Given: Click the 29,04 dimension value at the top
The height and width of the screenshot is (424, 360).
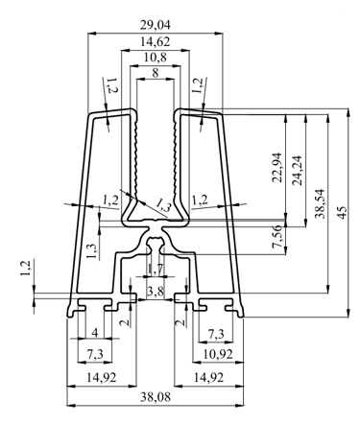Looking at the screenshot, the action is tap(156, 25).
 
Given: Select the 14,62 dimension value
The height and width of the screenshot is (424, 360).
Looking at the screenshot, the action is tap(156, 41).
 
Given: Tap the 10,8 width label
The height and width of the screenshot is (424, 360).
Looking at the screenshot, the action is tap(156, 58).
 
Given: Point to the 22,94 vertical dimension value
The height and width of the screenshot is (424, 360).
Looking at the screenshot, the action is tap(277, 167).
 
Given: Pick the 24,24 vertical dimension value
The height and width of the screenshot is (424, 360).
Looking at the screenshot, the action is tap(297, 170).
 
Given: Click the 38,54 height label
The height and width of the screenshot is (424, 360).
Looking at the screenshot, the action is tap(320, 203).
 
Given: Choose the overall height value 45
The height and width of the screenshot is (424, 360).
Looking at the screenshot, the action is tap(342, 213).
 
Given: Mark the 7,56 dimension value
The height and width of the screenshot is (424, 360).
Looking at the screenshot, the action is tap(277, 236).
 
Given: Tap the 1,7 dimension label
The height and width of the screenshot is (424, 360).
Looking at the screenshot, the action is tap(156, 270).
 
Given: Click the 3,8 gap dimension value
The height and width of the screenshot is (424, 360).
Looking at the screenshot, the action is tap(156, 291).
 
